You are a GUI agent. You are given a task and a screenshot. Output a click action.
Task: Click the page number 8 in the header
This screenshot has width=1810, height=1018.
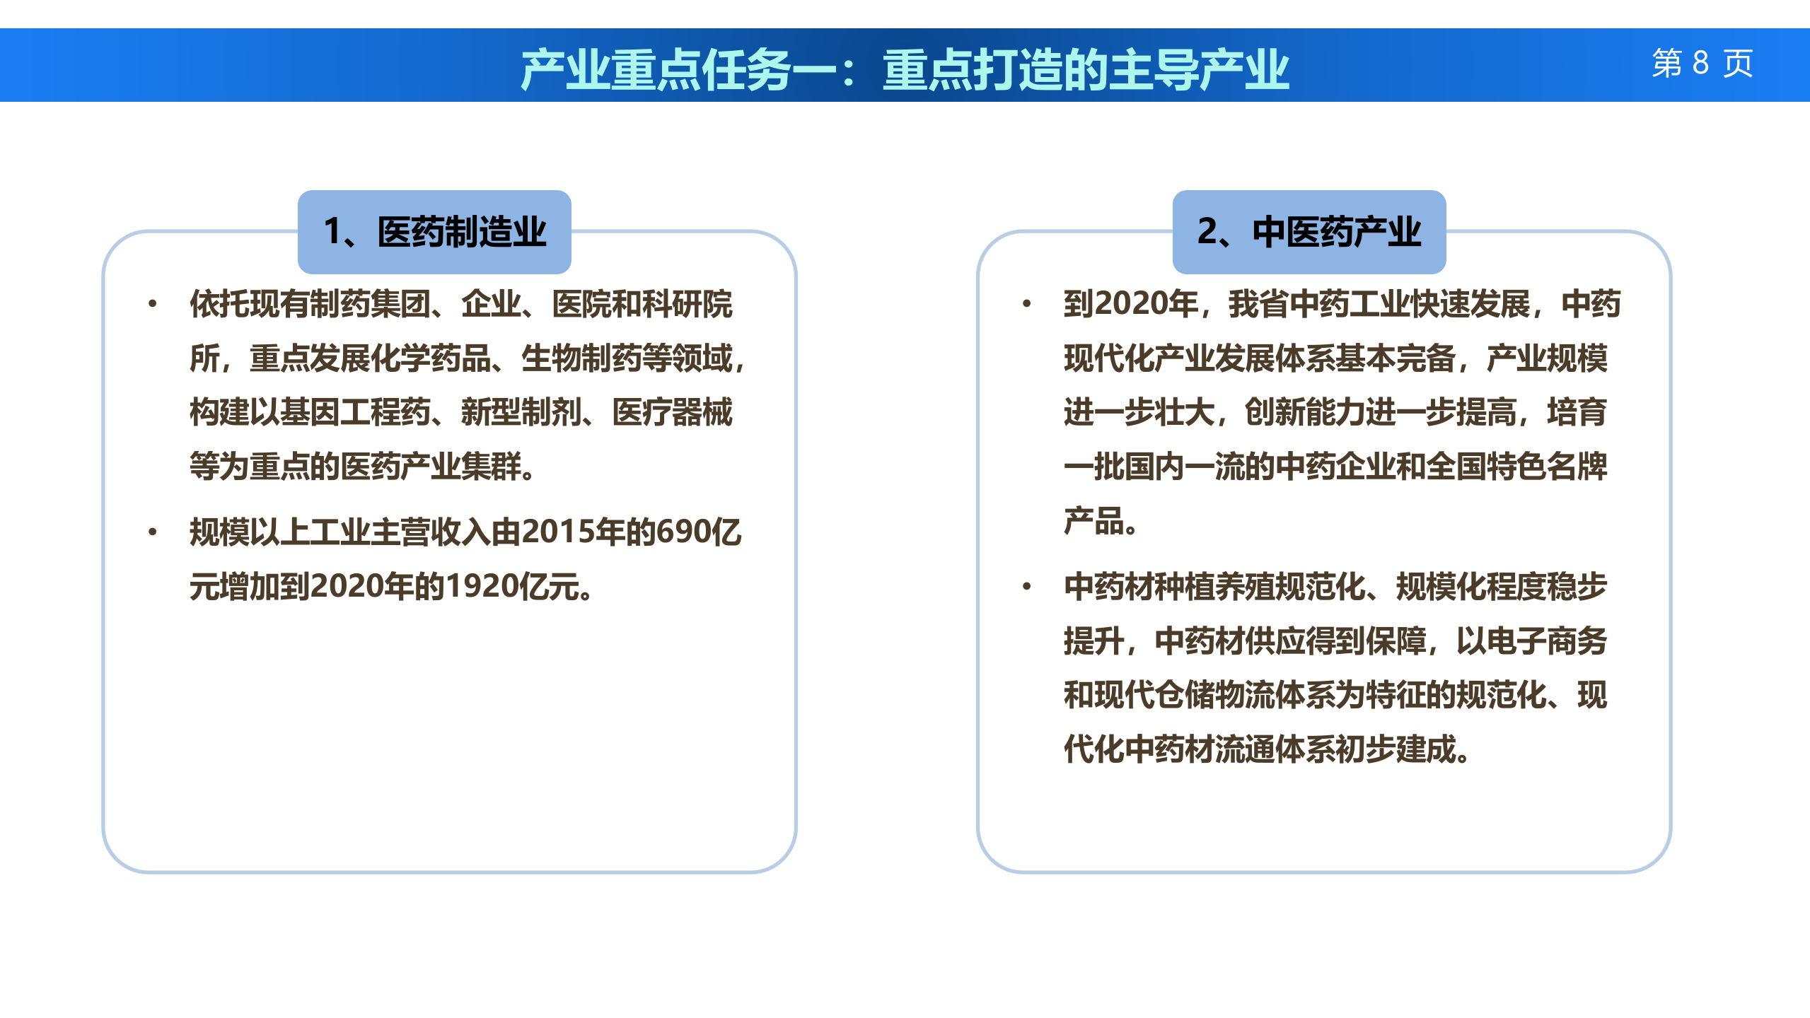[1700, 64]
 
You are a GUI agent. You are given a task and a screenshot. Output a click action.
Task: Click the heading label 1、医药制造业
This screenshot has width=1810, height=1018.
[434, 232]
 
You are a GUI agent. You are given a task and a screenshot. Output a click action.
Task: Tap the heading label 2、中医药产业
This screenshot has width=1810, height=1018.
[1309, 232]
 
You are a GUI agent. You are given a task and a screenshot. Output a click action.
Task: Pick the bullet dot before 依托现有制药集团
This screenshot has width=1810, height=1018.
[152, 305]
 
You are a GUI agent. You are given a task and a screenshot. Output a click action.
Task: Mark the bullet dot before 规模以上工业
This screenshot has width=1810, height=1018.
[152, 532]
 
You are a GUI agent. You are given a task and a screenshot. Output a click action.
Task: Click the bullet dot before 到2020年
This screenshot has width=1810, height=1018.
[1026, 305]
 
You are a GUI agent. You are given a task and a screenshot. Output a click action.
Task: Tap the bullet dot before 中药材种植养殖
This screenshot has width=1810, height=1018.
[1026, 587]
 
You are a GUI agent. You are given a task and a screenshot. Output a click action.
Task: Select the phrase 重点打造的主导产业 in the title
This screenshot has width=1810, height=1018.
[1086, 70]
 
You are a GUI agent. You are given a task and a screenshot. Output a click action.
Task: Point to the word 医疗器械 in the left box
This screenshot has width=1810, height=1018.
[673, 413]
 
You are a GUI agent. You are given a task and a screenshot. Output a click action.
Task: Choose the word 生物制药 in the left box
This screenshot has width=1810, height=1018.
[581, 358]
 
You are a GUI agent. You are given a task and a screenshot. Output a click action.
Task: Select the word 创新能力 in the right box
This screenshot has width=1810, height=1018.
[1305, 413]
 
